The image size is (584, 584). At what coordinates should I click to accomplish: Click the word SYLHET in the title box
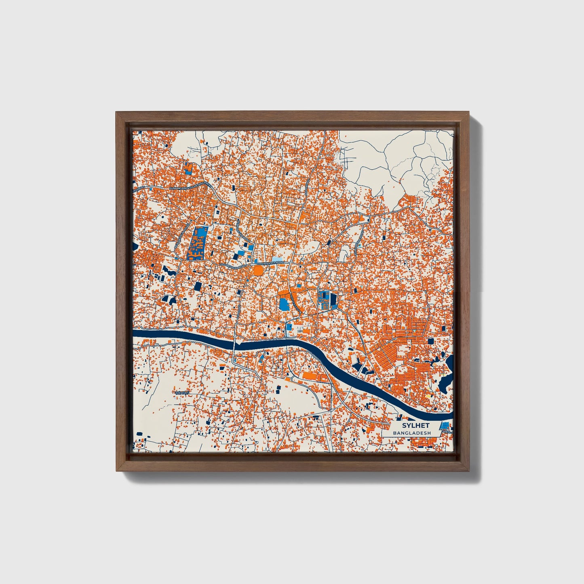coord(415,426)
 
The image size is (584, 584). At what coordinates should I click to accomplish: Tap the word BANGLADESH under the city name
coord(412,433)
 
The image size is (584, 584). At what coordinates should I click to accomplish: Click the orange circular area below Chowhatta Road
coord(258,270)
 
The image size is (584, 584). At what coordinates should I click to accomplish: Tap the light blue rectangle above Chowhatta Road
coord(277,259)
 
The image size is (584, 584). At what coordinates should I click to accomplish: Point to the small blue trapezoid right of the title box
coord(445,425)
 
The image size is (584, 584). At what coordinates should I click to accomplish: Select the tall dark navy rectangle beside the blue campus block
coord(333,301)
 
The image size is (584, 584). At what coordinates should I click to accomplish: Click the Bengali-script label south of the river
coord(181,392)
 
